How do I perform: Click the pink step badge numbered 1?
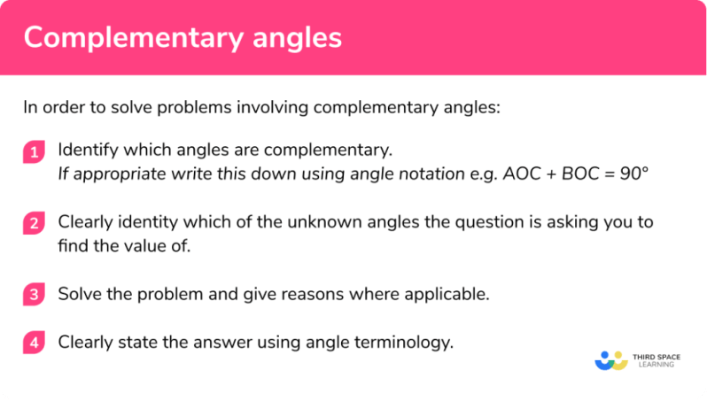34,152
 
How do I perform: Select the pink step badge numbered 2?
34,224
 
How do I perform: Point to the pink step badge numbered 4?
34,343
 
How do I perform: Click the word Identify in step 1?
87,150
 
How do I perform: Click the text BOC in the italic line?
575,173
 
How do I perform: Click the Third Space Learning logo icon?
610,360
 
